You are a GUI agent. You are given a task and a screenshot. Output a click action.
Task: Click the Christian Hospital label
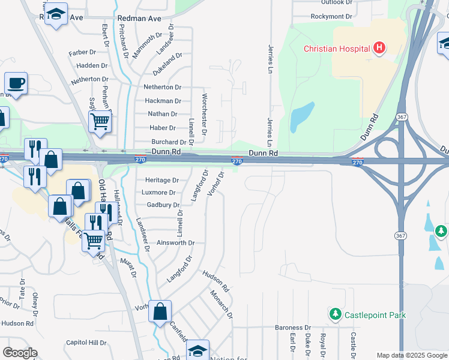(x=337, y=49)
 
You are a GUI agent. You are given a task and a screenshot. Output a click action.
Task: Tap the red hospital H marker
(x=379, y=48)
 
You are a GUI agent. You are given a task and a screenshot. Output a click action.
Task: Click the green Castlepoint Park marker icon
(x=335, y=314)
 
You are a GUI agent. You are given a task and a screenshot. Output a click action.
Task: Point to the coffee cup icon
(x=16, y=83)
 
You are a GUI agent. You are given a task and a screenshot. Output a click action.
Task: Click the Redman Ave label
(x=139, y=19)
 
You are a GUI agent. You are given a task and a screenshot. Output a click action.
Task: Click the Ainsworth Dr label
(x=175, y=243)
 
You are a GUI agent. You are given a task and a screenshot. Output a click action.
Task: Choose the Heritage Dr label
(x=162, y=180)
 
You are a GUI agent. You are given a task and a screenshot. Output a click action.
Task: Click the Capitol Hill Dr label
(x=86, y=343)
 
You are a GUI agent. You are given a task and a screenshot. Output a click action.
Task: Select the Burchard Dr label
(x=166, y=142)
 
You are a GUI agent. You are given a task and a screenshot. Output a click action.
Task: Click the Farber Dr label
(x=82, y=53)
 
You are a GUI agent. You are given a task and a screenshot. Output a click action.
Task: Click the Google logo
(x=20, y=353)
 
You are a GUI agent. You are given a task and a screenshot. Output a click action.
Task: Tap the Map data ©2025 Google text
(x=411, y=355)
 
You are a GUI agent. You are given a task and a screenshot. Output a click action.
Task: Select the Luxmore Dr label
(x=160, y=193)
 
